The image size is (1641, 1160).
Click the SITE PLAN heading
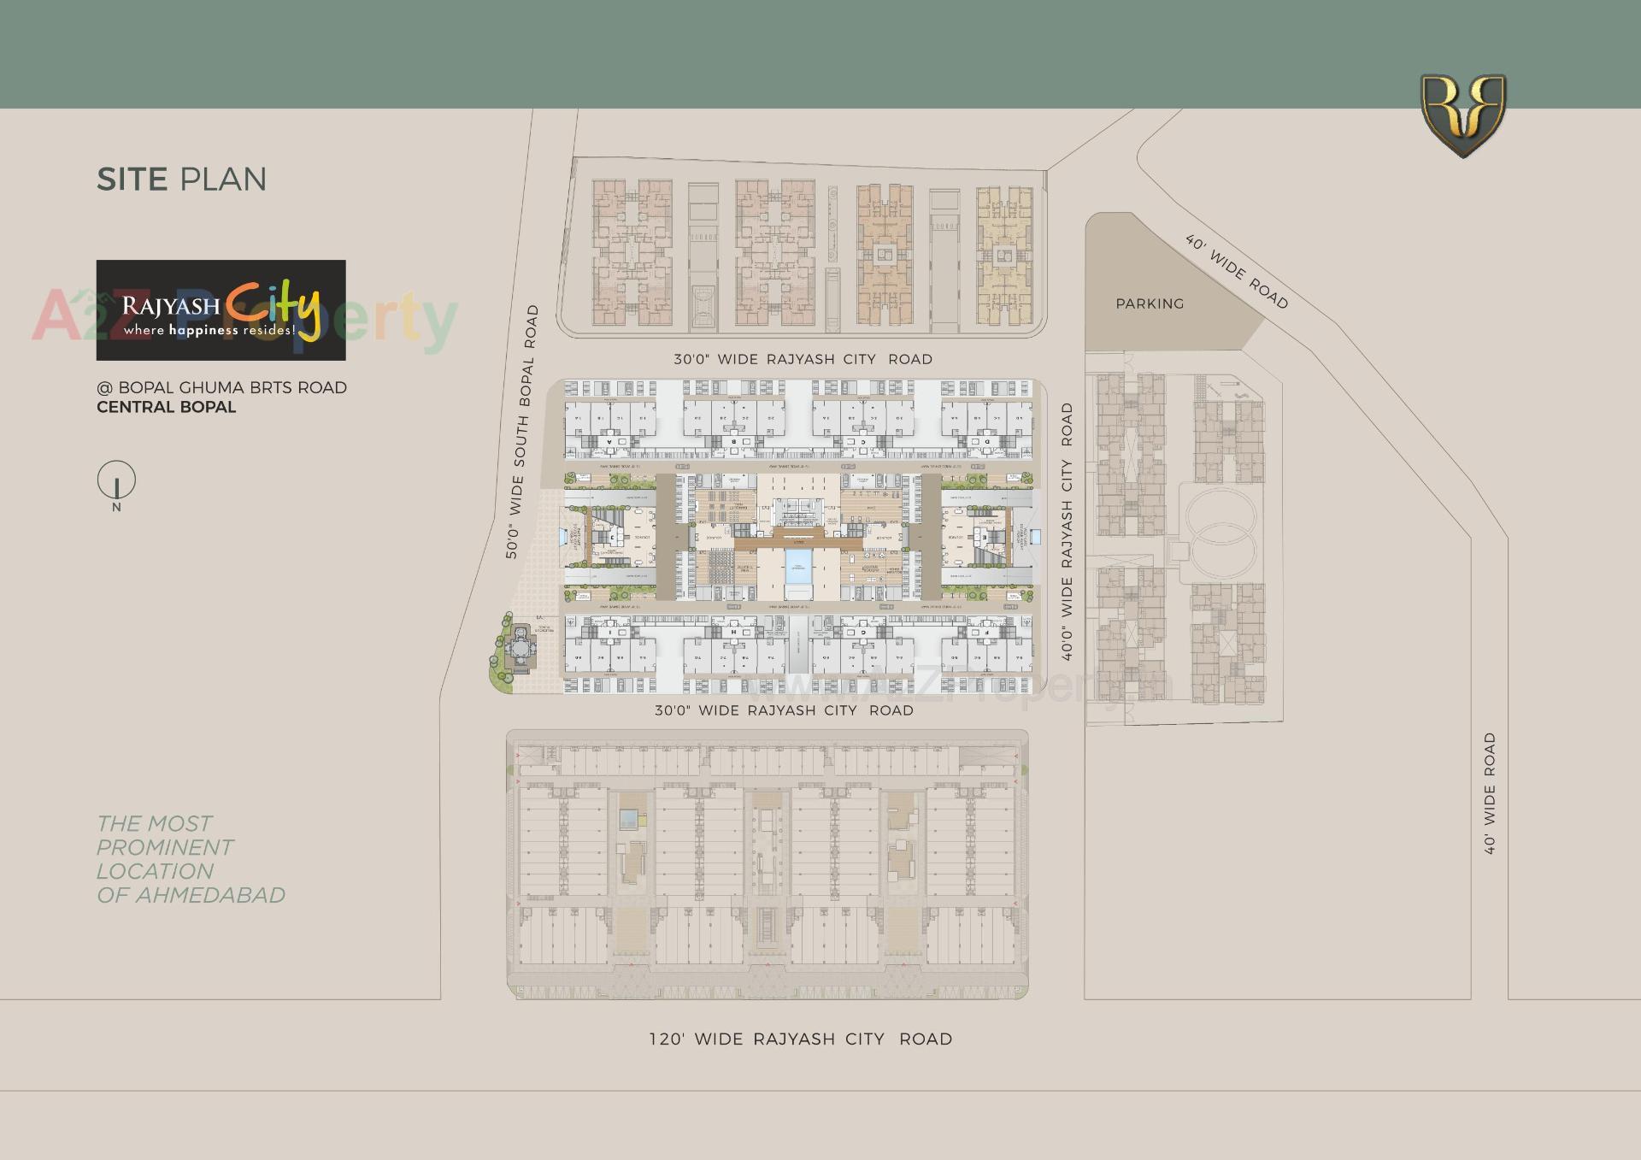181,180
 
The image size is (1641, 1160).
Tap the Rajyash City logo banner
221,310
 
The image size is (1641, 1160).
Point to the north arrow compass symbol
116,481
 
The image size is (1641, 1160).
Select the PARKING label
1150,303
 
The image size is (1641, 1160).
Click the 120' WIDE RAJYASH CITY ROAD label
800,1039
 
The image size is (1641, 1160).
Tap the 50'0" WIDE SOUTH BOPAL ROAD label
522,432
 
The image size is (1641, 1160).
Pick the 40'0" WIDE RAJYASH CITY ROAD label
1067,532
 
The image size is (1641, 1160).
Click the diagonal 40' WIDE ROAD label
1236,271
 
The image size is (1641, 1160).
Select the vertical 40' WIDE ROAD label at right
1490,793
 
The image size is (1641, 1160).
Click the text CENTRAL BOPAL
166,408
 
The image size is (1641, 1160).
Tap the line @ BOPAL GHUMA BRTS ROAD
221,387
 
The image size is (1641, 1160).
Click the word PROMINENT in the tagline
164,847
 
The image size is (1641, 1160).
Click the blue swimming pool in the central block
797,567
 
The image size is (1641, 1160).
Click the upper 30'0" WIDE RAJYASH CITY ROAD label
802,359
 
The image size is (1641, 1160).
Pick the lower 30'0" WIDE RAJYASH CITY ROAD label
783,710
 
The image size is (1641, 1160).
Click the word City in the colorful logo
273,306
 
